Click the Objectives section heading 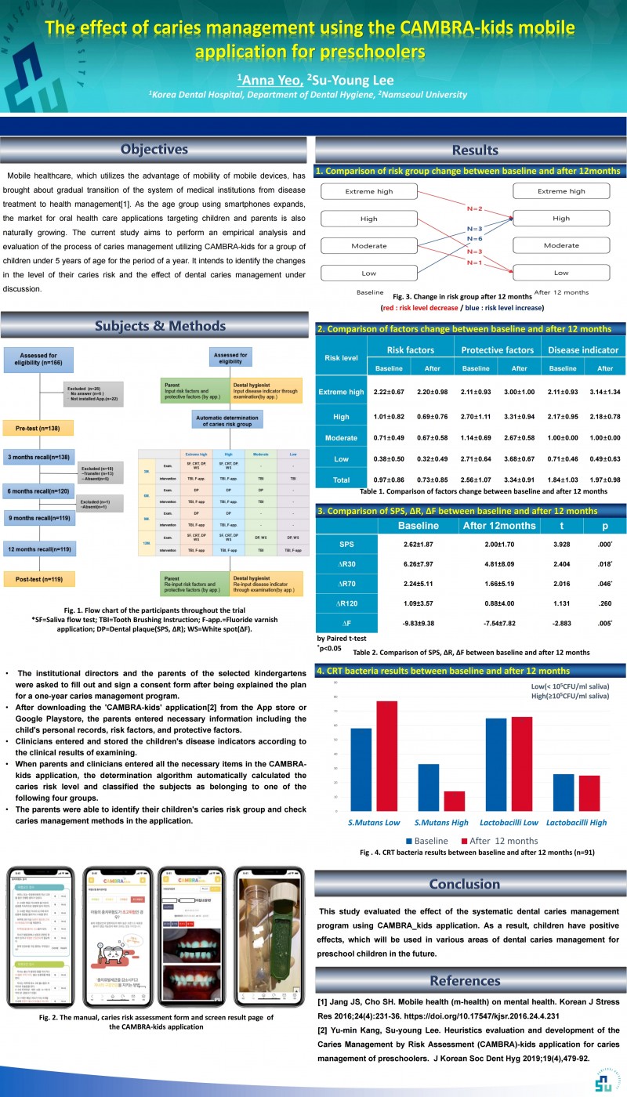coord(154,149)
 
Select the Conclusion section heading coord(464,884)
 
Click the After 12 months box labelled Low coord(560,273)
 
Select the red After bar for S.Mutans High coord(455,801)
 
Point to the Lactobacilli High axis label coord(575,822)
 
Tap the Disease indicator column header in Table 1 coord(582,349)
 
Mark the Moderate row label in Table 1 coord(341,437)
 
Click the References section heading coord(464,980)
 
